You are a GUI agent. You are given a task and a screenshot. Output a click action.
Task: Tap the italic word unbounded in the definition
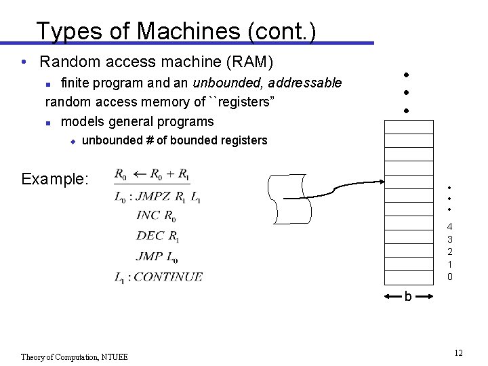point(228,83)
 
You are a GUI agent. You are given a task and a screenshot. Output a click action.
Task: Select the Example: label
point(54,179)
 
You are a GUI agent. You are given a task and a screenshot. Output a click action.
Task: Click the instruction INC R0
point(156,216)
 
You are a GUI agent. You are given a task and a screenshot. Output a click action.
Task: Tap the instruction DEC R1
point(157,237)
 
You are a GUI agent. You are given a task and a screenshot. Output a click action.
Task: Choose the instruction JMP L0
point(157,256)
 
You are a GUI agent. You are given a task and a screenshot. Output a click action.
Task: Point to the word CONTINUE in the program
point(168,277)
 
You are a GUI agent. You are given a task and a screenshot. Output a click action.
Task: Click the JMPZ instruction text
point(153,197)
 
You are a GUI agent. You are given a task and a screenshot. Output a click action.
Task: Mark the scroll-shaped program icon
point(291,199)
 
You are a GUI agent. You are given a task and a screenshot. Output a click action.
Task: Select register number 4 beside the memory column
point(449,226)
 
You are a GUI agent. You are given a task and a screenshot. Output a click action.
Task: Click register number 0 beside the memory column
point(449,277)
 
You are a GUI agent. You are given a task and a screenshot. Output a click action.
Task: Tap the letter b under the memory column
point(408,296)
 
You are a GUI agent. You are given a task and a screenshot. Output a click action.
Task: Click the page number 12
point(458,353)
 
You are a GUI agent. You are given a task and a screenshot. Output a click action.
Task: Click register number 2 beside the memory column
point(449,251)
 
